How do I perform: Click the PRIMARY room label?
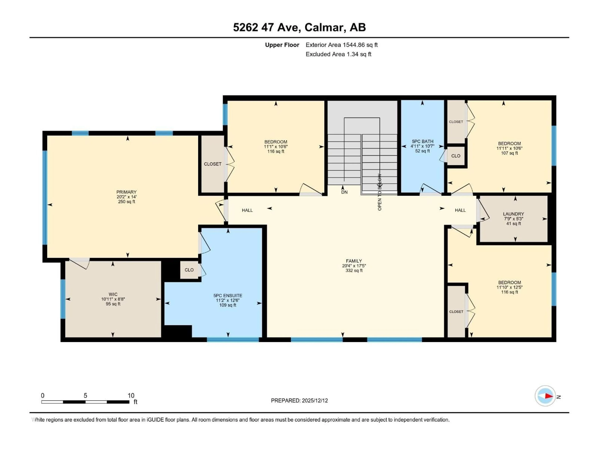click(x=127, y=192)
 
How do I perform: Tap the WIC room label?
click(x=113, y=294)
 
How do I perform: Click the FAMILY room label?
click(x=354, y=261)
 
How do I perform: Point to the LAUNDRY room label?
click(x=513, y=214)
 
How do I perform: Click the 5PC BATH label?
click(x=422, y=141)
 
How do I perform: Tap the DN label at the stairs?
click(x=344, y=192)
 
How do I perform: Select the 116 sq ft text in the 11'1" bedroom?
click(x=276, y=151)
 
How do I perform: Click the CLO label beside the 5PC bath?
click(x=456, y=156)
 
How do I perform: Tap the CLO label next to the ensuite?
click(x=189, y=270)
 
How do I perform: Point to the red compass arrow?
click(x=549, y=396)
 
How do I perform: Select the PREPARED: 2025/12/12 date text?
click(x=299, y=401)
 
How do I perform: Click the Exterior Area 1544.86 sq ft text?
click(x=341, y=45)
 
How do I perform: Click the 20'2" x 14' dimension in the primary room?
click(x=127, y=197)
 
